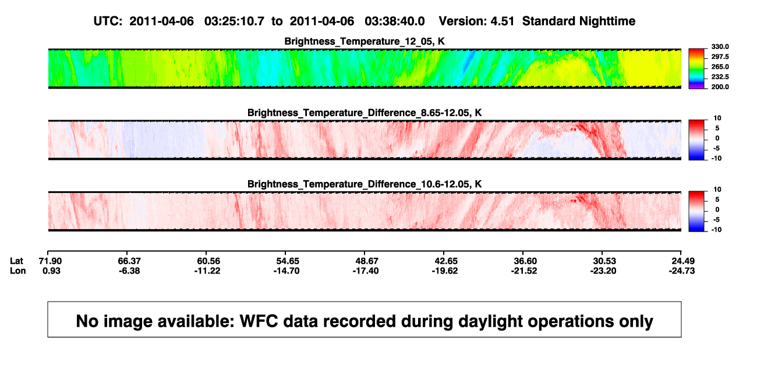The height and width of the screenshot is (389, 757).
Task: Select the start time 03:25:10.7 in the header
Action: tap(234, 21)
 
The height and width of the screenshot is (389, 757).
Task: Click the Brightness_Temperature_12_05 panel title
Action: tap(365, 41)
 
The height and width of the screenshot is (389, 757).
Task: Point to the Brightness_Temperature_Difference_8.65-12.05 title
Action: tap(365, 113)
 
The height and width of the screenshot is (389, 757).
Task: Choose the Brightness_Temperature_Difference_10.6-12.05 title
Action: tap(365, 184)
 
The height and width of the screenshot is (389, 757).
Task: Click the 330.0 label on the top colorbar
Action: tap(720, 47)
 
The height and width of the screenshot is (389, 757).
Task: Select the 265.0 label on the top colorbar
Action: tap(720, 66)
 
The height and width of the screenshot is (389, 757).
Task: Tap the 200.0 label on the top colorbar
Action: tap(720, 87)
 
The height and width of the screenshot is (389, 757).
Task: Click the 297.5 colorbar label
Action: tap(720, 57)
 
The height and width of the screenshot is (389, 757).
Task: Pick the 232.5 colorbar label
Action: tap(720, 77)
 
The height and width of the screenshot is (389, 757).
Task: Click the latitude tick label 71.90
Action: tap(50, 261)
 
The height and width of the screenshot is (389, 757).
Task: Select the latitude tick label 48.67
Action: tap(367, 261)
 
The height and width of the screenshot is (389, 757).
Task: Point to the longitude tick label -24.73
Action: tap(682, 271)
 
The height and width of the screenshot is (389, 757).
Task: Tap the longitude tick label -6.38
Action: tap(129, 271)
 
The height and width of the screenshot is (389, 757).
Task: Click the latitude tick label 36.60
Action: tap(525, 261)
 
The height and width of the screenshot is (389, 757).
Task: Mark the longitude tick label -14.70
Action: tap(286, 271)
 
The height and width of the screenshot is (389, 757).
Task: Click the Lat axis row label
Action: tap(16, 261)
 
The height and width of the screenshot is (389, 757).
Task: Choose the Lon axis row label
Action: tap(17, 271)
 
